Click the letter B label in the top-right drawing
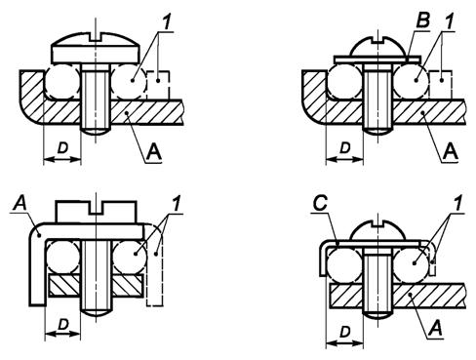tap(422, 20)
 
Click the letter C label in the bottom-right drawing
tap(320, 204)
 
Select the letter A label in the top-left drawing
tap(154, 152)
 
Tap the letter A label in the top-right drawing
tap(451, 151)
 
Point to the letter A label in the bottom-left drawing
tap(20, 203)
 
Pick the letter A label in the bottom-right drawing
tap(435, 328)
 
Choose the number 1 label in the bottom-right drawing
tap(457, 203)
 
